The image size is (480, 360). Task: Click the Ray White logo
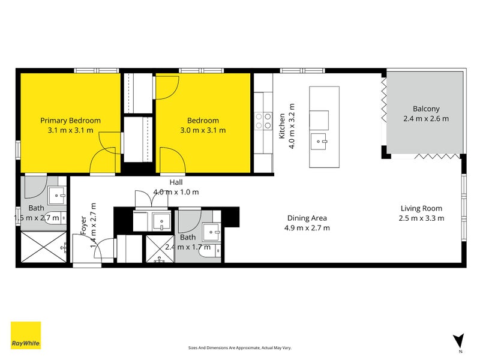click(x=26, y=335)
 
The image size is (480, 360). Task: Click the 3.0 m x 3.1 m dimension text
click(x=203, y=130)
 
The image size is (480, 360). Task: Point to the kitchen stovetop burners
click(x=262, y=122)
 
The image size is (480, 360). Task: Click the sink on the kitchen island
click(x=319, y=143)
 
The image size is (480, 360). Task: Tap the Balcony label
click(x=426, y=109)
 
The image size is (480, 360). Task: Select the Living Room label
click(x=422, y=208)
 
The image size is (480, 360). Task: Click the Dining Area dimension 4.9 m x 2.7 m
click(x=307, y=228)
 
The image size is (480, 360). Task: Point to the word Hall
click(x=176, y=182)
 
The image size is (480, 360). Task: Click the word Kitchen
click(x=281, y=126)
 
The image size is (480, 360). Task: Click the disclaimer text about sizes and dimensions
click(x=239, y=348)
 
